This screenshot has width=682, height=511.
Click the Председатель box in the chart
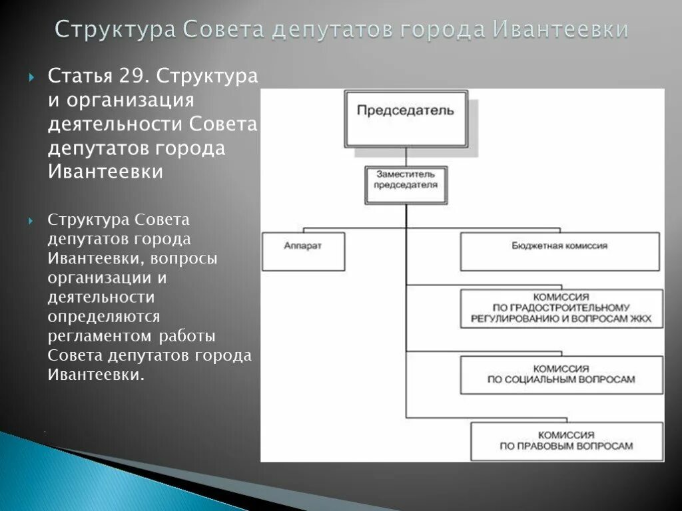(406, 119)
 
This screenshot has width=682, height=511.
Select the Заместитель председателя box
(406, 184)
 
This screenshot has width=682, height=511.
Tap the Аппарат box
(303, 251)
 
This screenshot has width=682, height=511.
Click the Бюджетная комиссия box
(559, 251)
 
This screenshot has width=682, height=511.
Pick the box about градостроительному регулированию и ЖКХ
(561, 308)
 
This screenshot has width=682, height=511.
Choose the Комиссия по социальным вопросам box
(561, 374)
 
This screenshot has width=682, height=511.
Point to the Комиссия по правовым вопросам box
(566, 440)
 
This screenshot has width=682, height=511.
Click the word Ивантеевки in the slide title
(561, 29)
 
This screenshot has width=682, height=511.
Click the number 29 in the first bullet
(133, 77)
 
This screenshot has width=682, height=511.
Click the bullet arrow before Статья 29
(31, 77)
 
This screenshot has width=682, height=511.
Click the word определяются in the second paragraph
(103, 317)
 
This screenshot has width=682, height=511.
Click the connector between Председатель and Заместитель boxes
(406, 156)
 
